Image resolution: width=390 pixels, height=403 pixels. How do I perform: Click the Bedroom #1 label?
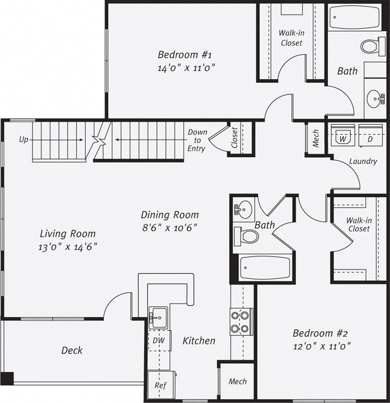185,55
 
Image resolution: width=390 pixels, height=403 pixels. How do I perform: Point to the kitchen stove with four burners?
242,321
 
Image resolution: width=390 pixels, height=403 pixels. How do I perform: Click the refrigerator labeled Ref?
160,385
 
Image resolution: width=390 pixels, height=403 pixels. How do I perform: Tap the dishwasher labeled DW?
159,340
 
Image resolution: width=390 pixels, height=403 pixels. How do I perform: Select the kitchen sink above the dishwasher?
158,315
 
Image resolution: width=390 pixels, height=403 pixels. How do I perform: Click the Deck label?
72,350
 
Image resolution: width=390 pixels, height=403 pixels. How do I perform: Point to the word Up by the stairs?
24,140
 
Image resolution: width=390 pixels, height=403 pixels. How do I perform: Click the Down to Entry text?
197,140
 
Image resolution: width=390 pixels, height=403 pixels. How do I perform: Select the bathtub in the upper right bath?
354,17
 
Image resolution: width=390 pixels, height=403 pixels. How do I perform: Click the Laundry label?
363,161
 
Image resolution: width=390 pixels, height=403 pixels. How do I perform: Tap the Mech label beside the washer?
316,139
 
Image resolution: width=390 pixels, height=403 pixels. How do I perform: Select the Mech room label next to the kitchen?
237,382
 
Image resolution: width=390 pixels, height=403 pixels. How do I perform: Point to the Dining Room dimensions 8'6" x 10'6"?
170,227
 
